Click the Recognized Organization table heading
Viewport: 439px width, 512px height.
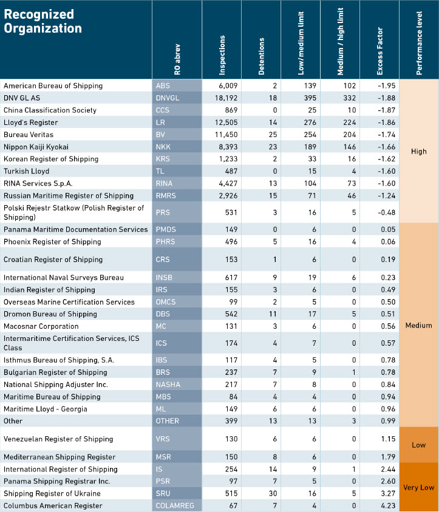coord(43,21)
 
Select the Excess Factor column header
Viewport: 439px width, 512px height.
coord(379,51)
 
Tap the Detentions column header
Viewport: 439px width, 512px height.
coord(261,56)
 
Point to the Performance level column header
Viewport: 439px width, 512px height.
coord(419,43)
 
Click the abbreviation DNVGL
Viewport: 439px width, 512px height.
coord(168,98)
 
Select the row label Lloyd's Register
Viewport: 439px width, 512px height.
coord(31,123)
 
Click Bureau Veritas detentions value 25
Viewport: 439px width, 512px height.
coord(273,135)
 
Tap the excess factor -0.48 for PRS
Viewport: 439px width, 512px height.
coord(386,212)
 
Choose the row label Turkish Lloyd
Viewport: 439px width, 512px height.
coord(27,171)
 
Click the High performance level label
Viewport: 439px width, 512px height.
coord(419,151)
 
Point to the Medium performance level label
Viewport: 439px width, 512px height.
coord(419,325)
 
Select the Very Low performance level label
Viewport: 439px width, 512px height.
coord(419,488)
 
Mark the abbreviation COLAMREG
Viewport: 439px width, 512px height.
coord(175,506)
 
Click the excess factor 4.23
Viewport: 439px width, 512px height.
coord(388,506)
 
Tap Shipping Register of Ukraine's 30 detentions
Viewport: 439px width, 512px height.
coord(273,493)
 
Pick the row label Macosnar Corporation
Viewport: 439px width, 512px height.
coord(41,326)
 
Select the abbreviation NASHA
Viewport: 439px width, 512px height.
coord(168,385)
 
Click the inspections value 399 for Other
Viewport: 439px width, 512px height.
coord(231,421)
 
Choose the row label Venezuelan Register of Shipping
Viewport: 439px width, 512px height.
coord(58,439)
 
